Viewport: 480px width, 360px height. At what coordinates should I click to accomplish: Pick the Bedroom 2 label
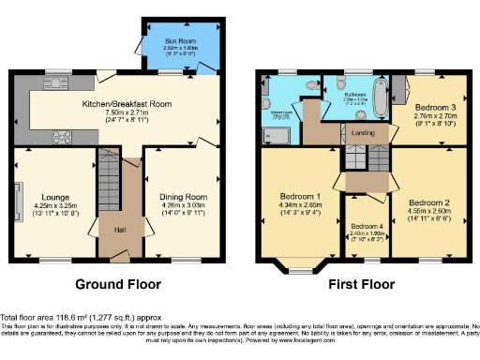[428, 202]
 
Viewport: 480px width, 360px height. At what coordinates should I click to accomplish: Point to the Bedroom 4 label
[367, 228]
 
